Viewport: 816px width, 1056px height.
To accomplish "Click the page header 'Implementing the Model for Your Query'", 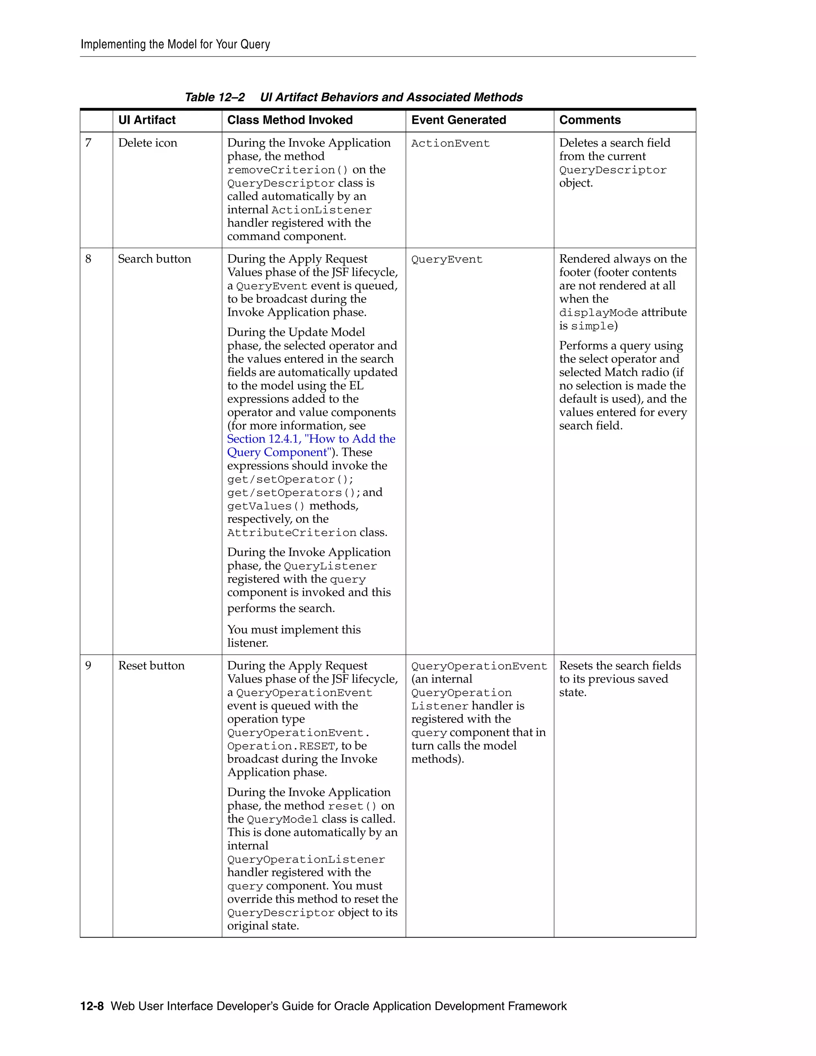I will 175,45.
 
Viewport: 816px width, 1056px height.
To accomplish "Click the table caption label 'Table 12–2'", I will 215,97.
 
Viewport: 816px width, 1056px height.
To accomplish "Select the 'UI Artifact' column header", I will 147,120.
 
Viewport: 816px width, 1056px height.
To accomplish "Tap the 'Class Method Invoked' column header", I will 290,120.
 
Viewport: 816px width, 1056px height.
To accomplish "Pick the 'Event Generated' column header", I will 458,120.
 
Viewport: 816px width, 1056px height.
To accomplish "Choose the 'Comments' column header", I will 590,120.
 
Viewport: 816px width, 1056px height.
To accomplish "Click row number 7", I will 88,143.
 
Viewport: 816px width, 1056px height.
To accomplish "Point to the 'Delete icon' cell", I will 147,143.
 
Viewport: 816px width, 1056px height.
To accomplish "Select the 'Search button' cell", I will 154,259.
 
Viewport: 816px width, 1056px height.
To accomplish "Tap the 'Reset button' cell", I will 151,666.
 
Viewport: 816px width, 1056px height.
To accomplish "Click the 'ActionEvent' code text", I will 450,143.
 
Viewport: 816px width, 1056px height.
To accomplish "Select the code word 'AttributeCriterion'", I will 292,533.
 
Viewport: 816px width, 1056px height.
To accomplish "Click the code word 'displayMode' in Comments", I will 598,313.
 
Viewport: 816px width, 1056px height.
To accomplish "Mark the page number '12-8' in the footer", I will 92,1006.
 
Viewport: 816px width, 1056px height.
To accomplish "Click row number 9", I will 88,666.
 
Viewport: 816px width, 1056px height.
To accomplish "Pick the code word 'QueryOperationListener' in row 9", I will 306,860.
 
